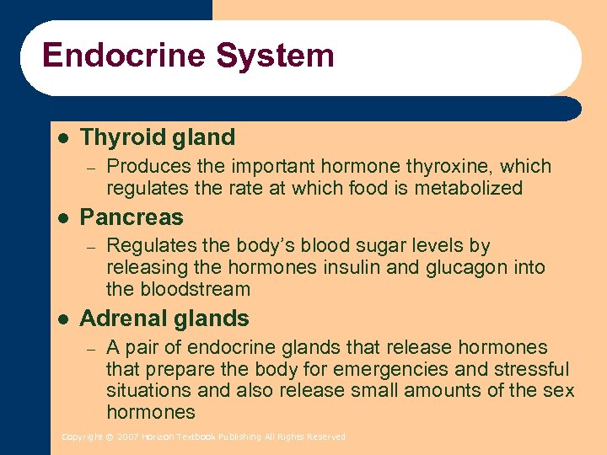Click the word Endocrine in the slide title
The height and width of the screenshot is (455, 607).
pos(124,56)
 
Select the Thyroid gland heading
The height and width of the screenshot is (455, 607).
pos(157,137)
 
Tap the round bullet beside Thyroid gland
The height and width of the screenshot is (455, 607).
pos(62,137)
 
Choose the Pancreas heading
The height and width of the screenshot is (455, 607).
pos(131,217)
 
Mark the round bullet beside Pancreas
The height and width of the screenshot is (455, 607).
pos(62,217)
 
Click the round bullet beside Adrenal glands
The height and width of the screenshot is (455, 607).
pos(62,318)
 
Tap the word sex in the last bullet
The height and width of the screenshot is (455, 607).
pos(560,391)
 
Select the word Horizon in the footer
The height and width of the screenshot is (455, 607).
pos(158,437)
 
